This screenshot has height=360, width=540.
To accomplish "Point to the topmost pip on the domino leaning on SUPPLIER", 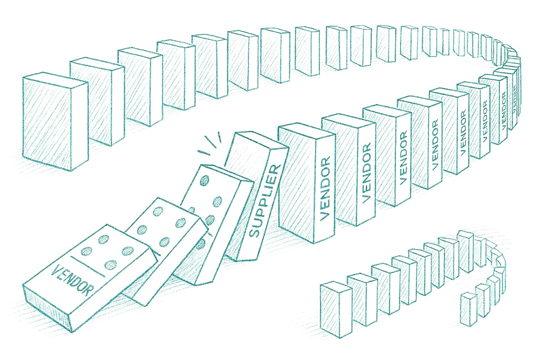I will [x=206, y=181].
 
